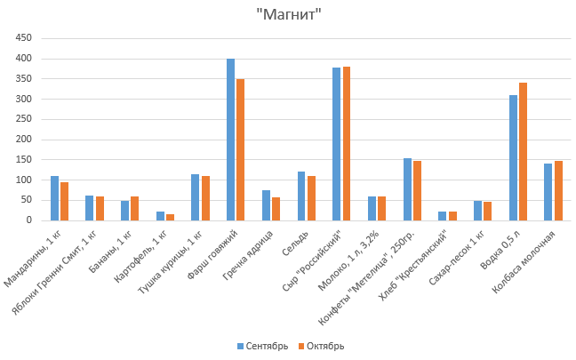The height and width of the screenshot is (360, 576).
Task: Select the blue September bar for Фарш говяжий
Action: point(230,140)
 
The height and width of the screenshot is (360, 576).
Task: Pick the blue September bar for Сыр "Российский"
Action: point(337,144)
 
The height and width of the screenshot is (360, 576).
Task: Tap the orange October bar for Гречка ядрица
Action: point(276,209)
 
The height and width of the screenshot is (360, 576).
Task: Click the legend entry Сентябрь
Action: point(262,346)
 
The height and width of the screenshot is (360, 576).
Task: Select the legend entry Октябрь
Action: point(322,346)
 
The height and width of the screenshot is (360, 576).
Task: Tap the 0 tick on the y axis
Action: point(28,220)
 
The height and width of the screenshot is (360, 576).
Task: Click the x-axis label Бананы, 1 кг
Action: point(116,253)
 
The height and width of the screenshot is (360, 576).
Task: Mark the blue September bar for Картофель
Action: point(160,216)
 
